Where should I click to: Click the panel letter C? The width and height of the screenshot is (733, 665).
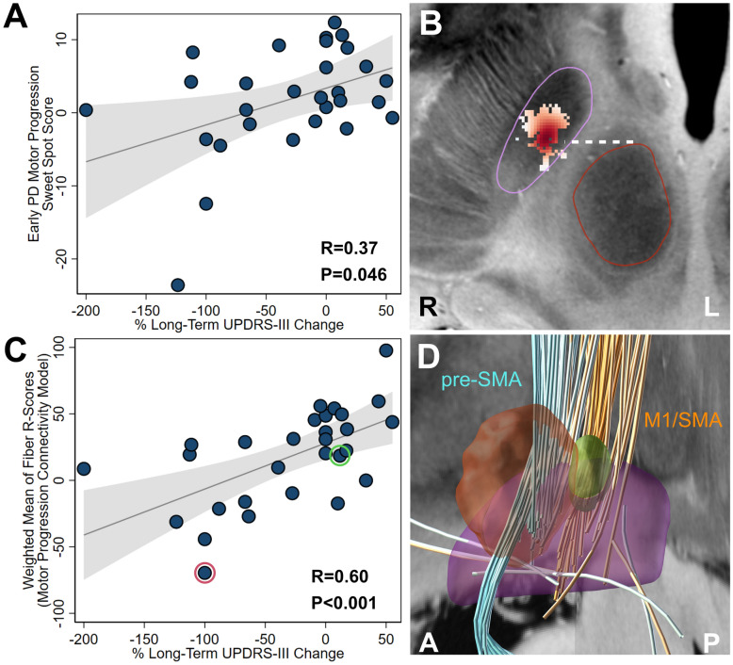pos(16,349)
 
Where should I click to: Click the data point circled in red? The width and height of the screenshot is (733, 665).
pos(205,573)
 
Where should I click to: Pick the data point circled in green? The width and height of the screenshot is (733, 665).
pos(340,455)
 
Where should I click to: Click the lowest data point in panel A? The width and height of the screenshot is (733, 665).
pos(177,284)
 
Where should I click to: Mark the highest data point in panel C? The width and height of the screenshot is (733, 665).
pos(385,350)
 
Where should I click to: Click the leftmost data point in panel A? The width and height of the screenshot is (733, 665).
pos(86,110)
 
